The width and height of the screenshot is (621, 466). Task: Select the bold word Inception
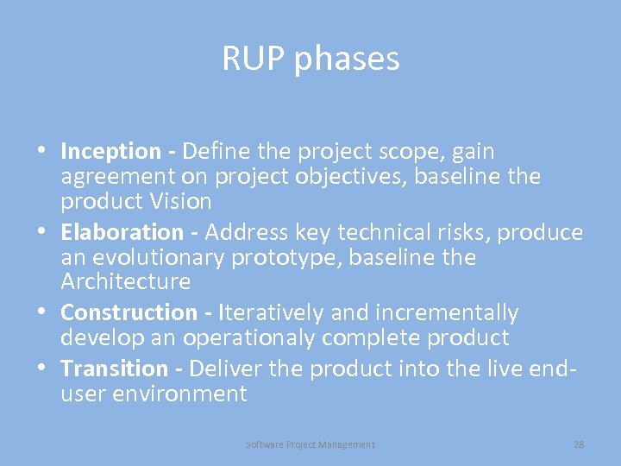coord(111,152)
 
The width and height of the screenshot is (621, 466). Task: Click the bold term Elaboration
coord(122,233)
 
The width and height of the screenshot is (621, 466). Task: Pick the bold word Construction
coord(129,312)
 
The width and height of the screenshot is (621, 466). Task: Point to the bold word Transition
coord(115,368)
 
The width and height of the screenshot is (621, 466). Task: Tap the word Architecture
coord(126,282)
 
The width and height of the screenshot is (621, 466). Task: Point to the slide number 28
coord(578,444)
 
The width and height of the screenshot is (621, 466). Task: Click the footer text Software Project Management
coord(310,444)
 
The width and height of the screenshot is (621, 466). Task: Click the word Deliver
coord(226,368)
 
